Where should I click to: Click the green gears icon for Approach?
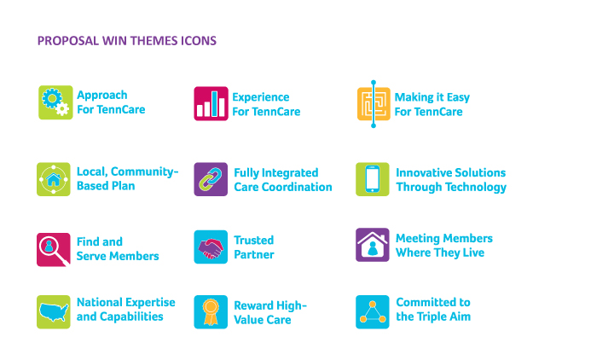(55, 102)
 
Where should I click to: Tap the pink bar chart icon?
(211, 103)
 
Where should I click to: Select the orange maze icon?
(374, 104)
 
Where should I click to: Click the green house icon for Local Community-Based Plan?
(54, 179)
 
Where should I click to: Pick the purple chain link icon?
(211, 179)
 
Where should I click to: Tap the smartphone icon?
(373, 179)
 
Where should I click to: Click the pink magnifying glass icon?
(54, 250)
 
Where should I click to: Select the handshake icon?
(211, 247)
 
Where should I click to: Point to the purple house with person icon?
(373, 245)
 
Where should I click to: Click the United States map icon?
(54, 312)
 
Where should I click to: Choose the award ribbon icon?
(211, 312)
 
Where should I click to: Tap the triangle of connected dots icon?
(373, 312)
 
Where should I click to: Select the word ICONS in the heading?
(199, 41)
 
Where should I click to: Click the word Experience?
(261, 97)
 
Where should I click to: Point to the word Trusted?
(254, 240)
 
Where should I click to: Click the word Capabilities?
(131, 316)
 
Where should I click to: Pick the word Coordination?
(297, 187)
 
